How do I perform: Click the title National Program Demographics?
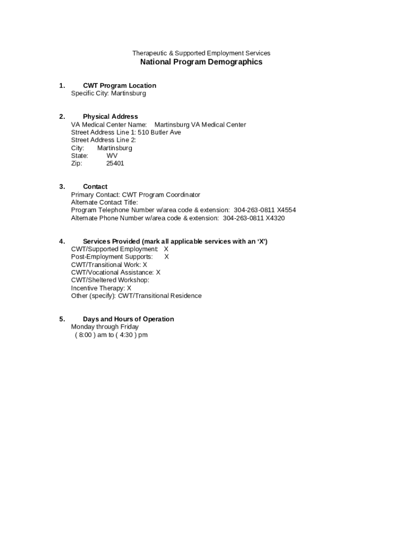(201, 62)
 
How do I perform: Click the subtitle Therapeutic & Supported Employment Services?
(201, 53)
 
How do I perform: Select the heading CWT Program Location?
(119, 86)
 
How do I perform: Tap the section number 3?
(62, 187)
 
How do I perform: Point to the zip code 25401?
(115, 163)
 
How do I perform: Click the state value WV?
(112, 155)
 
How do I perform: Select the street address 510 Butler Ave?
(159, 132)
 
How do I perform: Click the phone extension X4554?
(286, 210)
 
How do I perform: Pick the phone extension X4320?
(275, 218)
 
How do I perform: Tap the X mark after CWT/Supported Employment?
(166, 249)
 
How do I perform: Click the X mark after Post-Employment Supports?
(166, 257)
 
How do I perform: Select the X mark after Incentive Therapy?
(129, 288)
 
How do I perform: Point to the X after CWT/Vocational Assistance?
(158, 273)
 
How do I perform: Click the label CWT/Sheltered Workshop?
(110, 280)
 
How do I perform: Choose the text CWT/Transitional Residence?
(160, 296)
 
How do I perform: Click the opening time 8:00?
(85, 335)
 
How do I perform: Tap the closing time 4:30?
(126, 335)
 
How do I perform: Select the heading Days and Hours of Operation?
(128, 319)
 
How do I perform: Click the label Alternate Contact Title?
(105, 203)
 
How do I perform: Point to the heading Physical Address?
(110, 117)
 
